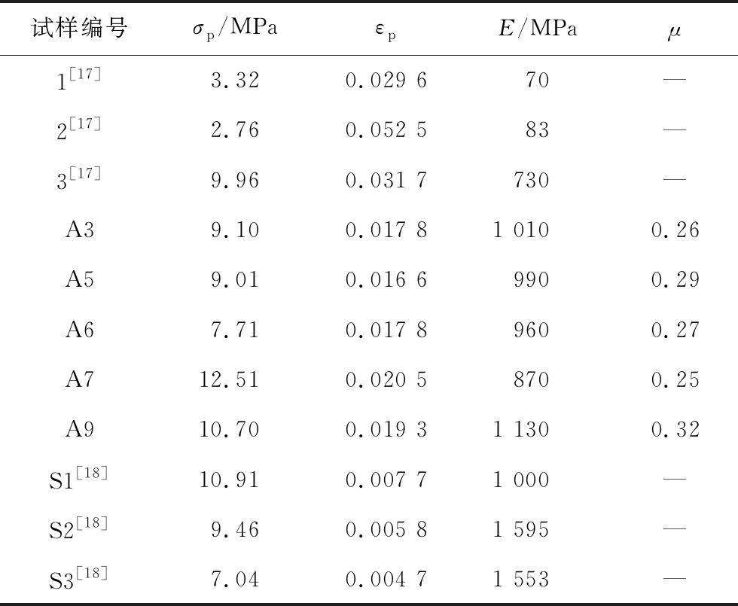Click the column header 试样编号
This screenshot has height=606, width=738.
pos(79,29)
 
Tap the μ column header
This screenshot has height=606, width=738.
pos(675,32)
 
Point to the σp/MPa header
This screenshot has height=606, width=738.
pos(234,30)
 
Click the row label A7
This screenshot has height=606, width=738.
pos(79,379)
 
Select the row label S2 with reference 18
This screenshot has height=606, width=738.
pos(79,528)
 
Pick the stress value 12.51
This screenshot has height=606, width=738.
pos(229,380)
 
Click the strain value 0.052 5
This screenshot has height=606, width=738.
pos(386,130)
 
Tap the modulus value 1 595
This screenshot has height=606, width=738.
pos(521,529)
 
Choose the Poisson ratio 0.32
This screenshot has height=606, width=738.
pos(675,430)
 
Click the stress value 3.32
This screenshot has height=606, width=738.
pos(234,81)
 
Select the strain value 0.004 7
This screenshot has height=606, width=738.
pos(386,580)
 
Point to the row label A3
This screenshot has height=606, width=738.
pos(79,230)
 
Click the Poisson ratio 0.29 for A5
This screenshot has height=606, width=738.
pos(675,280)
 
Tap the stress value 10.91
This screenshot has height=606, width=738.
pos(229,480)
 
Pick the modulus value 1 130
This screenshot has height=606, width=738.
pos(521,430)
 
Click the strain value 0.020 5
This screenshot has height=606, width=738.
pos(386,380)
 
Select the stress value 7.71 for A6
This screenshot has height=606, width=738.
pos(234,330)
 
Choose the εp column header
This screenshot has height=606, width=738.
pos(386,32)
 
